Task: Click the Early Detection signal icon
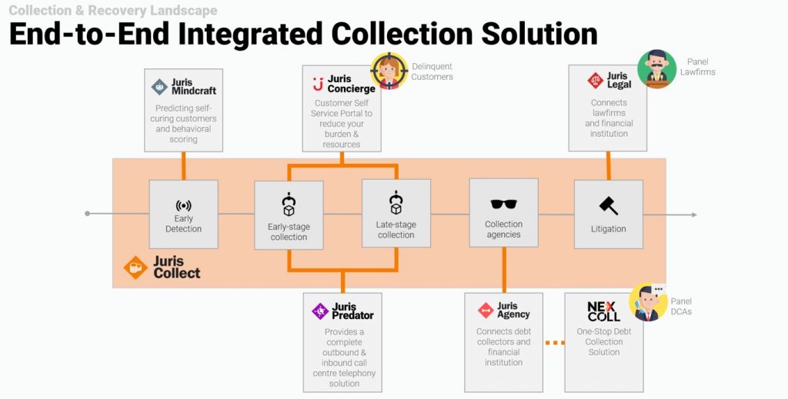click(x=183, y=206)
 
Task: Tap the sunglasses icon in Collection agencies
click(x=503, y=204)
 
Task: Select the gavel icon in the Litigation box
click(x=608, y=205)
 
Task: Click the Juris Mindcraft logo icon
click(x=160, y=86)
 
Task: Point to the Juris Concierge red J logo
click(x=317, y=84)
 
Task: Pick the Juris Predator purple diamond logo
click(x=320, y=311)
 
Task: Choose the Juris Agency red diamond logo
click(x=486, y=311)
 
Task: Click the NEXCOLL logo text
click(x=603, y=311)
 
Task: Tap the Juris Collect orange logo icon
click(x=135, y=267)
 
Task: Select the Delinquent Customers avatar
click(x=389, y=71)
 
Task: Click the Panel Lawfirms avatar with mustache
click(x=656, y=69)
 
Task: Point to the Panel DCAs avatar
click(x=648, y=302)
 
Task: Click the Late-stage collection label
click(x=396, y=230)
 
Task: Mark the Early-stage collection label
click(x=289, y=231)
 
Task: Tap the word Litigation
click(x=608, y=228)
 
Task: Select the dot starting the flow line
click(x=88, y=213)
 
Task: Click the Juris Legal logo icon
click(x=595, y=80)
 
